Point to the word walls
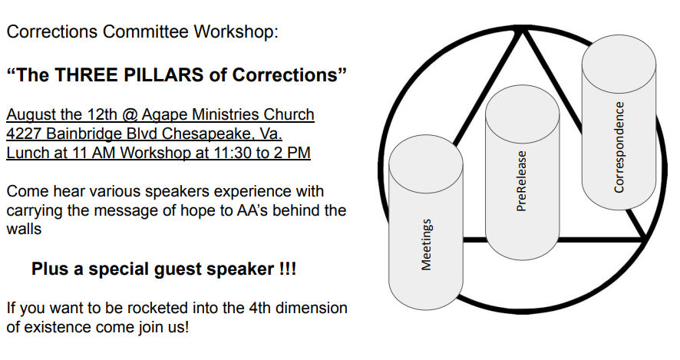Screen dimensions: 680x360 pos(24,230)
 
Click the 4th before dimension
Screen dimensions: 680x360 pos(260,308)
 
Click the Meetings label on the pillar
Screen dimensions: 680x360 pos(427,245)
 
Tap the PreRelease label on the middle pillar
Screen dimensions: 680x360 pos(522,181)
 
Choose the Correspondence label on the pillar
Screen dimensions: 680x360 pos(619,147)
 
